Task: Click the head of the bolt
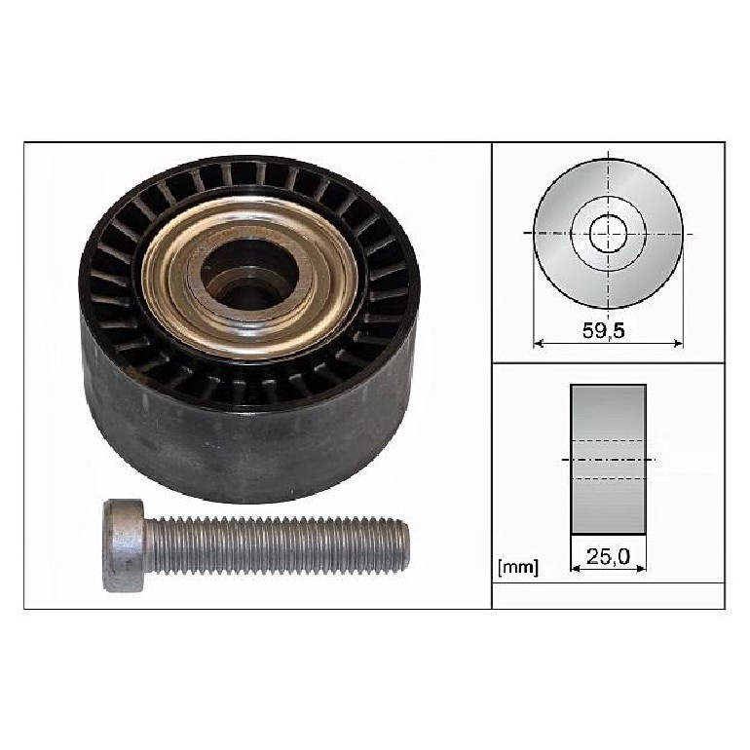(x=124, y=545)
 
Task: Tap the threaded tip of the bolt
(x=403, y=545)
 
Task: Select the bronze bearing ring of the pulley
(x=249, y=279)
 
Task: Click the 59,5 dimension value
(x=604, y=330)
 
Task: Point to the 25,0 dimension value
(x=609, y=556)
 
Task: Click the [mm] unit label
(x=518, y=568)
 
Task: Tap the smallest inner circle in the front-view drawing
(x=608, y=234)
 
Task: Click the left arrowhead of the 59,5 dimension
(x=539, y=343)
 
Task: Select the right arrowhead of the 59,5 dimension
(x=677, y=343)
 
